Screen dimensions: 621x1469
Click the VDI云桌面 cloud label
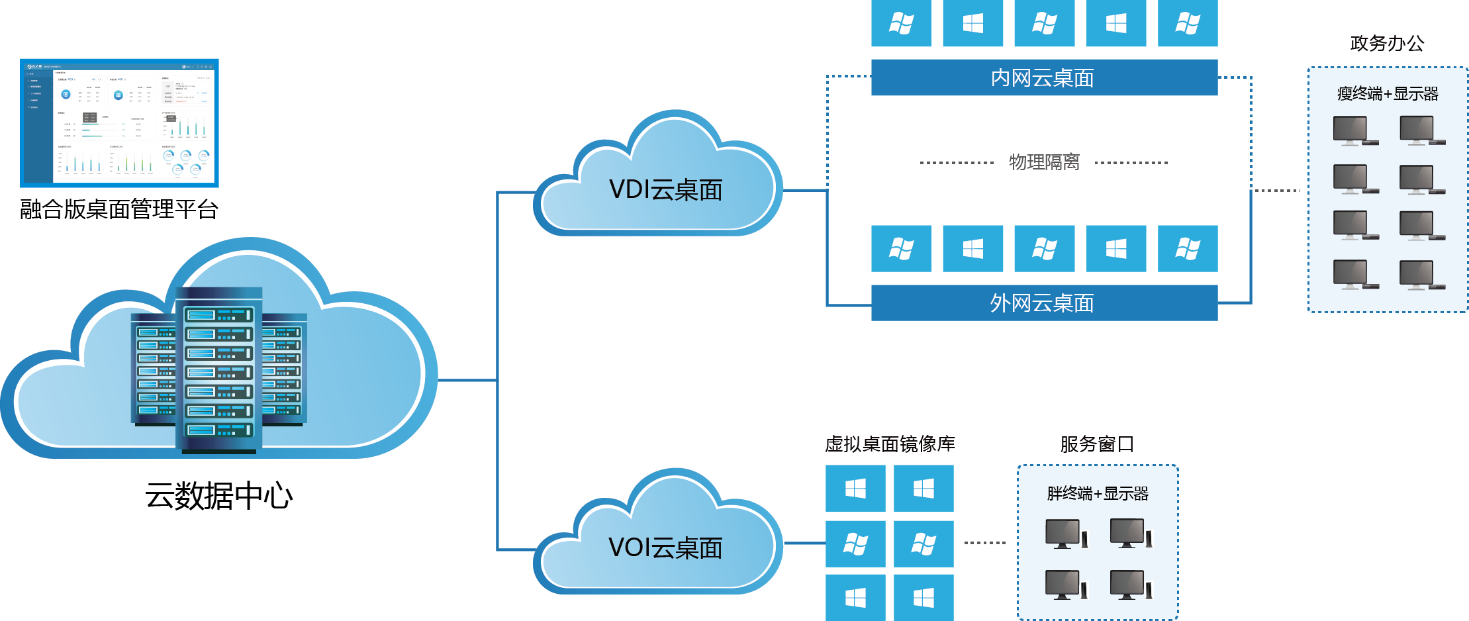pos(665,190)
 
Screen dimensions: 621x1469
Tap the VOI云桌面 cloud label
pos(665,548)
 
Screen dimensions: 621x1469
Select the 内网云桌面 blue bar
pos(1044,77)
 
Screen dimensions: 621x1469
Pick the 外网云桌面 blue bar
pos(1044,303)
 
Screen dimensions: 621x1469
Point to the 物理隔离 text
pos(1044,162)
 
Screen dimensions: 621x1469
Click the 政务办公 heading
pos(1387,44)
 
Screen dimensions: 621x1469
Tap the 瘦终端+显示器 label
pos(1388,94)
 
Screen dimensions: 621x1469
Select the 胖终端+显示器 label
pos(1098,494)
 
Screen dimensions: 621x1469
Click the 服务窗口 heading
pos(1097,444)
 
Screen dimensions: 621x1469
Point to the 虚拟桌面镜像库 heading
pos(890,444)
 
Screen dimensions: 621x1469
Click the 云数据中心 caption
pos(218,496)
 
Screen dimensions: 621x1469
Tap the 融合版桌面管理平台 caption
pos(119,209)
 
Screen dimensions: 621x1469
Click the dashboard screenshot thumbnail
pos(119,122)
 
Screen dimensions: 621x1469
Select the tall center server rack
pos(218,371)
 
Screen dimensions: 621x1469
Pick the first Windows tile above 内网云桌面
pos(901,24)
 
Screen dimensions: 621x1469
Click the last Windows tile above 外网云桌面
pos(1188,249)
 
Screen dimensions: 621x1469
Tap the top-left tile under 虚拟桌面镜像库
pos(855,489)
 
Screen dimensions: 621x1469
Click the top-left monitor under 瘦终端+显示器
pos(1351,131)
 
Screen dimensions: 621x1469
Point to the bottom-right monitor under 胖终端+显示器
pos(1131,585)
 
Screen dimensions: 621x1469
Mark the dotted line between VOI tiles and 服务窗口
pos(985,543)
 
